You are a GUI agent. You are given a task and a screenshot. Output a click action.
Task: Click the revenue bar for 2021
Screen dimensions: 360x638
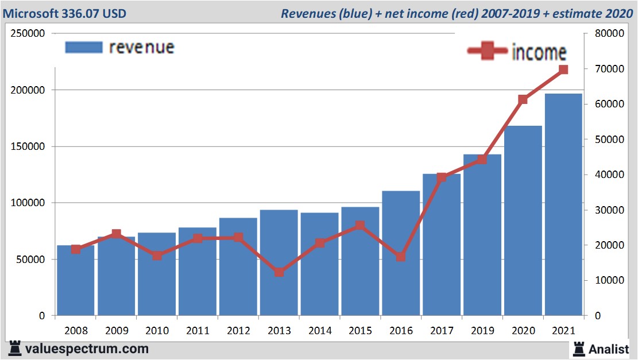[x=563, y=204]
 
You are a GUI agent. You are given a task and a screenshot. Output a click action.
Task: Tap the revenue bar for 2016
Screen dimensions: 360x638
[x=401, y=253]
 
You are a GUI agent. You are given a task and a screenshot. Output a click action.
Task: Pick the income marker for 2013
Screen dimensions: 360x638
[x=279, y=272]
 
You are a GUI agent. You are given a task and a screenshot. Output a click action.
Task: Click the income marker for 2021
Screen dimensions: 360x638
[x=563, y=69]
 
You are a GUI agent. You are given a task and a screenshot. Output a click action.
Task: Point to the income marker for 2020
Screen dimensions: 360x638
[x=523, y=99]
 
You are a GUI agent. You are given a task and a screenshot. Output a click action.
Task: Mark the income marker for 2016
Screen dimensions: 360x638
[x=401, y=257]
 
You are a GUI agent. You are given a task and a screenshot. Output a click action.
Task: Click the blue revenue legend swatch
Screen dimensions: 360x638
[x=84, y=47]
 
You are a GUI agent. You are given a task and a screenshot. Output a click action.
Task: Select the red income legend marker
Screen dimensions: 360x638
[x=488, y=51]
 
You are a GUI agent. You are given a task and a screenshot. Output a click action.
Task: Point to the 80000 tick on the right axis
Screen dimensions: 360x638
[x=605, y=33]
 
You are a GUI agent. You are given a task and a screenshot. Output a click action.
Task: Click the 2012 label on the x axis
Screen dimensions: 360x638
[x=238, y=331]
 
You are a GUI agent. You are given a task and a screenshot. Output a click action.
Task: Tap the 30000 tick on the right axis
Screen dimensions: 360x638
[x=605, y=210]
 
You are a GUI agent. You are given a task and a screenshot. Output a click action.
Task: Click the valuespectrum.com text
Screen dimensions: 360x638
[x=87, y=349]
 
